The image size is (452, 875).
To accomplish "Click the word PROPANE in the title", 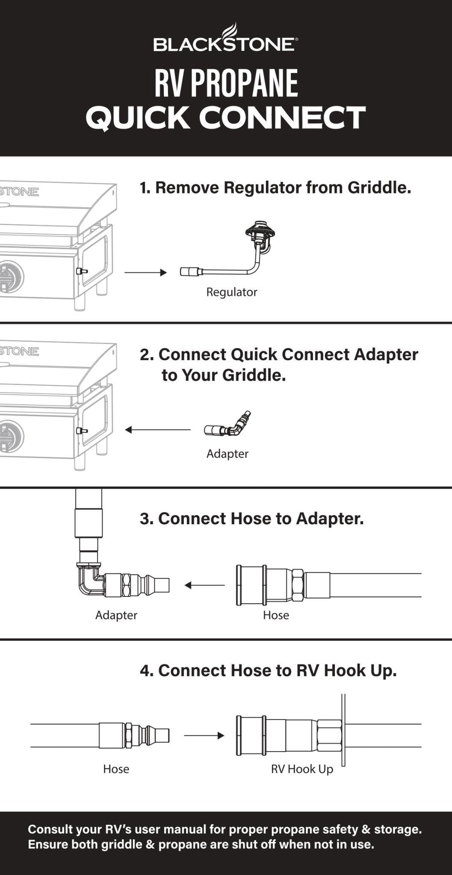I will pos(244,83).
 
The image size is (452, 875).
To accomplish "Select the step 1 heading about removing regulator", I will pos(275,188).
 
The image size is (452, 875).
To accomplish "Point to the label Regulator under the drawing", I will pos(231,292).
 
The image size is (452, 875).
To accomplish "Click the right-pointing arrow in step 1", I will pos(145,273).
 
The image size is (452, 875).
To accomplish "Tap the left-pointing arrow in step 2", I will pos(157,430).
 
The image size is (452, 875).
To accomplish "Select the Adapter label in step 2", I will pos(227,454).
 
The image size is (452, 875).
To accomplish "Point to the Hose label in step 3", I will pos(276,615).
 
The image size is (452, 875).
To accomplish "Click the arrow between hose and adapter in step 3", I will pos(204,585).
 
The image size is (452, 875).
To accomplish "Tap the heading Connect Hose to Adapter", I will pos(251,519).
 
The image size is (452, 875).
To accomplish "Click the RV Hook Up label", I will pos(302,769).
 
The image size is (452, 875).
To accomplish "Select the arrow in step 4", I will pos(204,735).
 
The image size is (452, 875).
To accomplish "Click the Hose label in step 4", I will pos(116,769).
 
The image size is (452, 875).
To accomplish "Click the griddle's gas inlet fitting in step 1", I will pos(80,271).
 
